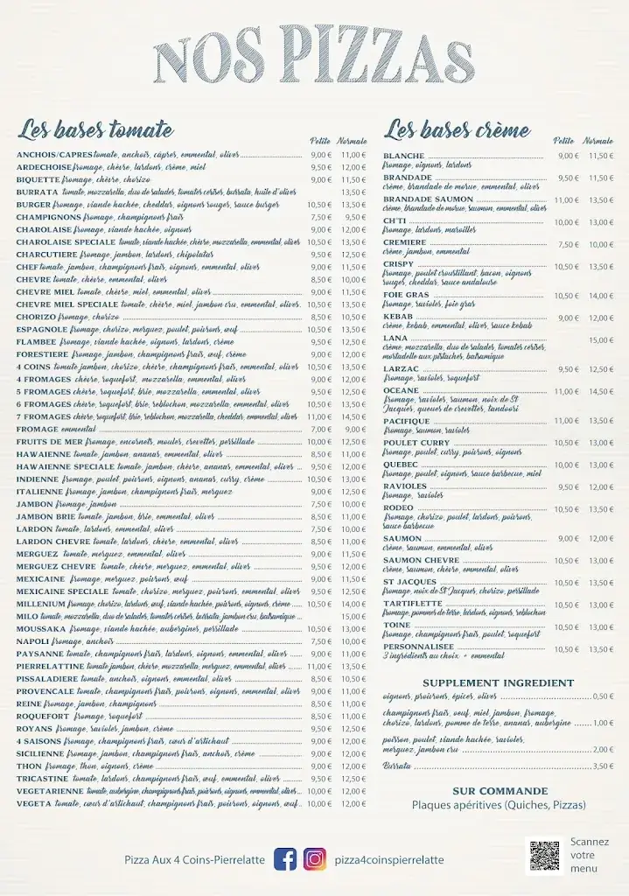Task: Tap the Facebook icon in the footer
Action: click(285, 859)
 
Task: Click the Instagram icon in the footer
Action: click(315, 859)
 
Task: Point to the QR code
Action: click(544, 855)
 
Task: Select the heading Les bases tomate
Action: click(96, 130)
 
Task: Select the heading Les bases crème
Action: click(458, 130)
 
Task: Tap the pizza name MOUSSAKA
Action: click(41, 628)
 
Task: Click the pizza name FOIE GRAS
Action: click(406, 295)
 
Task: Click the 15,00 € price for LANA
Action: click(600, 340)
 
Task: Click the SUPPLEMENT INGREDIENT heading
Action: click(498, 683)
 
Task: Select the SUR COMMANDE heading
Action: click(500, 791)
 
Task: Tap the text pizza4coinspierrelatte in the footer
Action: click(388, 859)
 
